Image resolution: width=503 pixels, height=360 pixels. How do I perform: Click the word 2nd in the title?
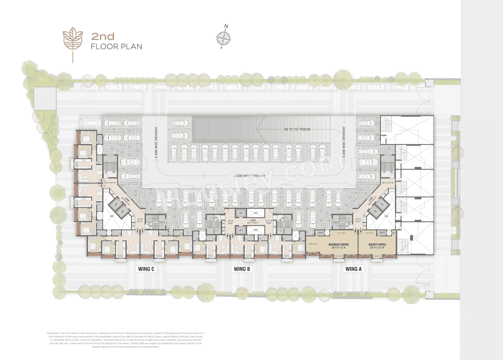pos(103,37)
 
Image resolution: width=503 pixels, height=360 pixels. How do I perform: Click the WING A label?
pos(352,269)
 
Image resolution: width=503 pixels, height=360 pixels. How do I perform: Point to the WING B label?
pos(242,269)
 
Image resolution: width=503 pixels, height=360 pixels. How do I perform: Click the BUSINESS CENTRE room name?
pos(339,245)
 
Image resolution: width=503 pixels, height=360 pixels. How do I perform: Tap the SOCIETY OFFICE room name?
pos(377,245)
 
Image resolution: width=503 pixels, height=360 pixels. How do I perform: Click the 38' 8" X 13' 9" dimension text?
pos(339,248)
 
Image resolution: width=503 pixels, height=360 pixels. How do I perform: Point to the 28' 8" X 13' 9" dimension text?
pos(377,248)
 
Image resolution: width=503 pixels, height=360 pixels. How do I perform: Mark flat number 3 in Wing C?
pos(138,231)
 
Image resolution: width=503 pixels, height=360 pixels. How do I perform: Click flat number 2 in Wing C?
pos(142,231)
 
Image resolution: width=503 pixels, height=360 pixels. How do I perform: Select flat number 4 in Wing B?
pos(271,236)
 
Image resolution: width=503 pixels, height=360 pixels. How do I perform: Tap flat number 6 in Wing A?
pos(355,231)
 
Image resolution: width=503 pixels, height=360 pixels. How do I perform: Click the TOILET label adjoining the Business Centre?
pos(321,233)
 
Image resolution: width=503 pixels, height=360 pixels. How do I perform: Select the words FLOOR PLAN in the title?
pos(116,47)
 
